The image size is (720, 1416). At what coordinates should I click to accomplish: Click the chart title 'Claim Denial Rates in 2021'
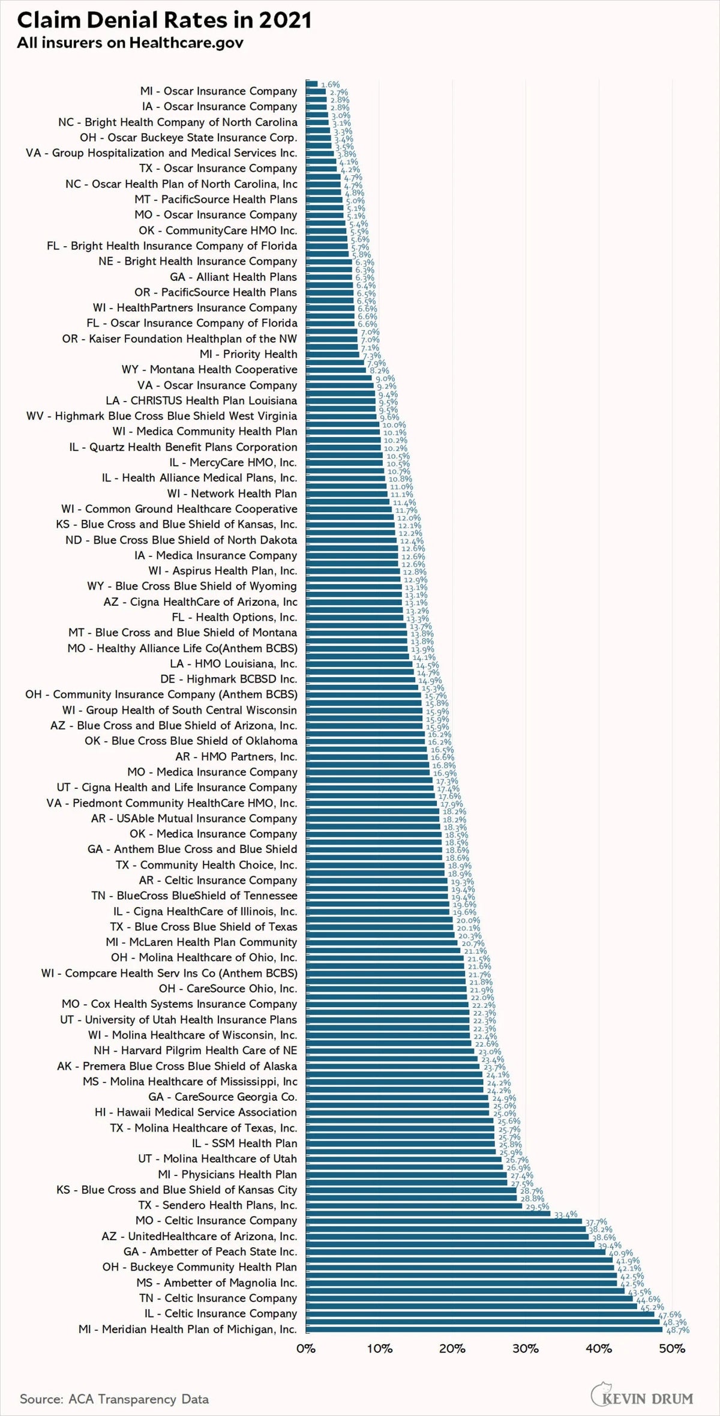pos(164,20)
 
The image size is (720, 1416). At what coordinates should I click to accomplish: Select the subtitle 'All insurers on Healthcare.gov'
pos(130,43)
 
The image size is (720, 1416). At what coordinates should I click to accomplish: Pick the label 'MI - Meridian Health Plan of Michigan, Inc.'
pos(188,1329)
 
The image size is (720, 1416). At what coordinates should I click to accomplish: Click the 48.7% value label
pos(677,1330)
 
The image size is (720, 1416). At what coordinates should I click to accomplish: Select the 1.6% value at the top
pos(330,85)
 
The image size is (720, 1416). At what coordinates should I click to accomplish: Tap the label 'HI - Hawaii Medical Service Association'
pos(196,1112)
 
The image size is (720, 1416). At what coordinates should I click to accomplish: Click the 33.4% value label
pos(565,1214)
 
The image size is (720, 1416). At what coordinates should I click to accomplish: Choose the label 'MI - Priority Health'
pos(248,354)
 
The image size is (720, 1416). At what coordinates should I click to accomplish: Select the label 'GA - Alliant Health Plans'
pos(233,277)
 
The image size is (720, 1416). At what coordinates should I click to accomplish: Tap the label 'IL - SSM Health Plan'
pos(244,1143)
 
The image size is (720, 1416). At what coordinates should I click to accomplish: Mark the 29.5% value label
pos(537,1207)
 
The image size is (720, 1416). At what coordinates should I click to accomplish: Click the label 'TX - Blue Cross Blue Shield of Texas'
pos(203,926)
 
